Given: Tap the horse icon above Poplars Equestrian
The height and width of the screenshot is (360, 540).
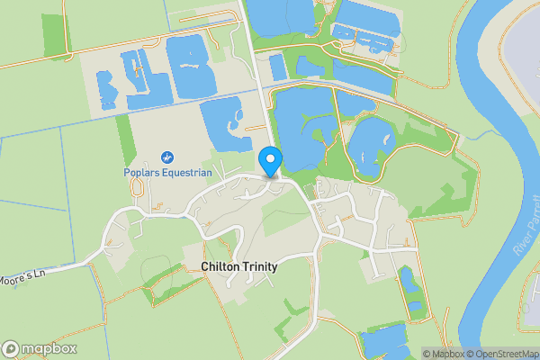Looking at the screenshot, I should click(x=166, y=157).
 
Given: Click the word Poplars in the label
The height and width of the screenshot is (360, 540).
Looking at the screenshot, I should click(x=143, y=173).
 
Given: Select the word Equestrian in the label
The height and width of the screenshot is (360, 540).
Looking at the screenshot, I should click(x=187, y=173).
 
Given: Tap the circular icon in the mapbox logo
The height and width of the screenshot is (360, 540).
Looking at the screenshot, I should click(x=11, y=349).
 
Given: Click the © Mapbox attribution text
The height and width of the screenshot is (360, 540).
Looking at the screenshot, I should click(x=445, y=354).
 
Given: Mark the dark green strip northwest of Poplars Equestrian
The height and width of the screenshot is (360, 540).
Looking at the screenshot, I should click(x=125, y=138).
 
